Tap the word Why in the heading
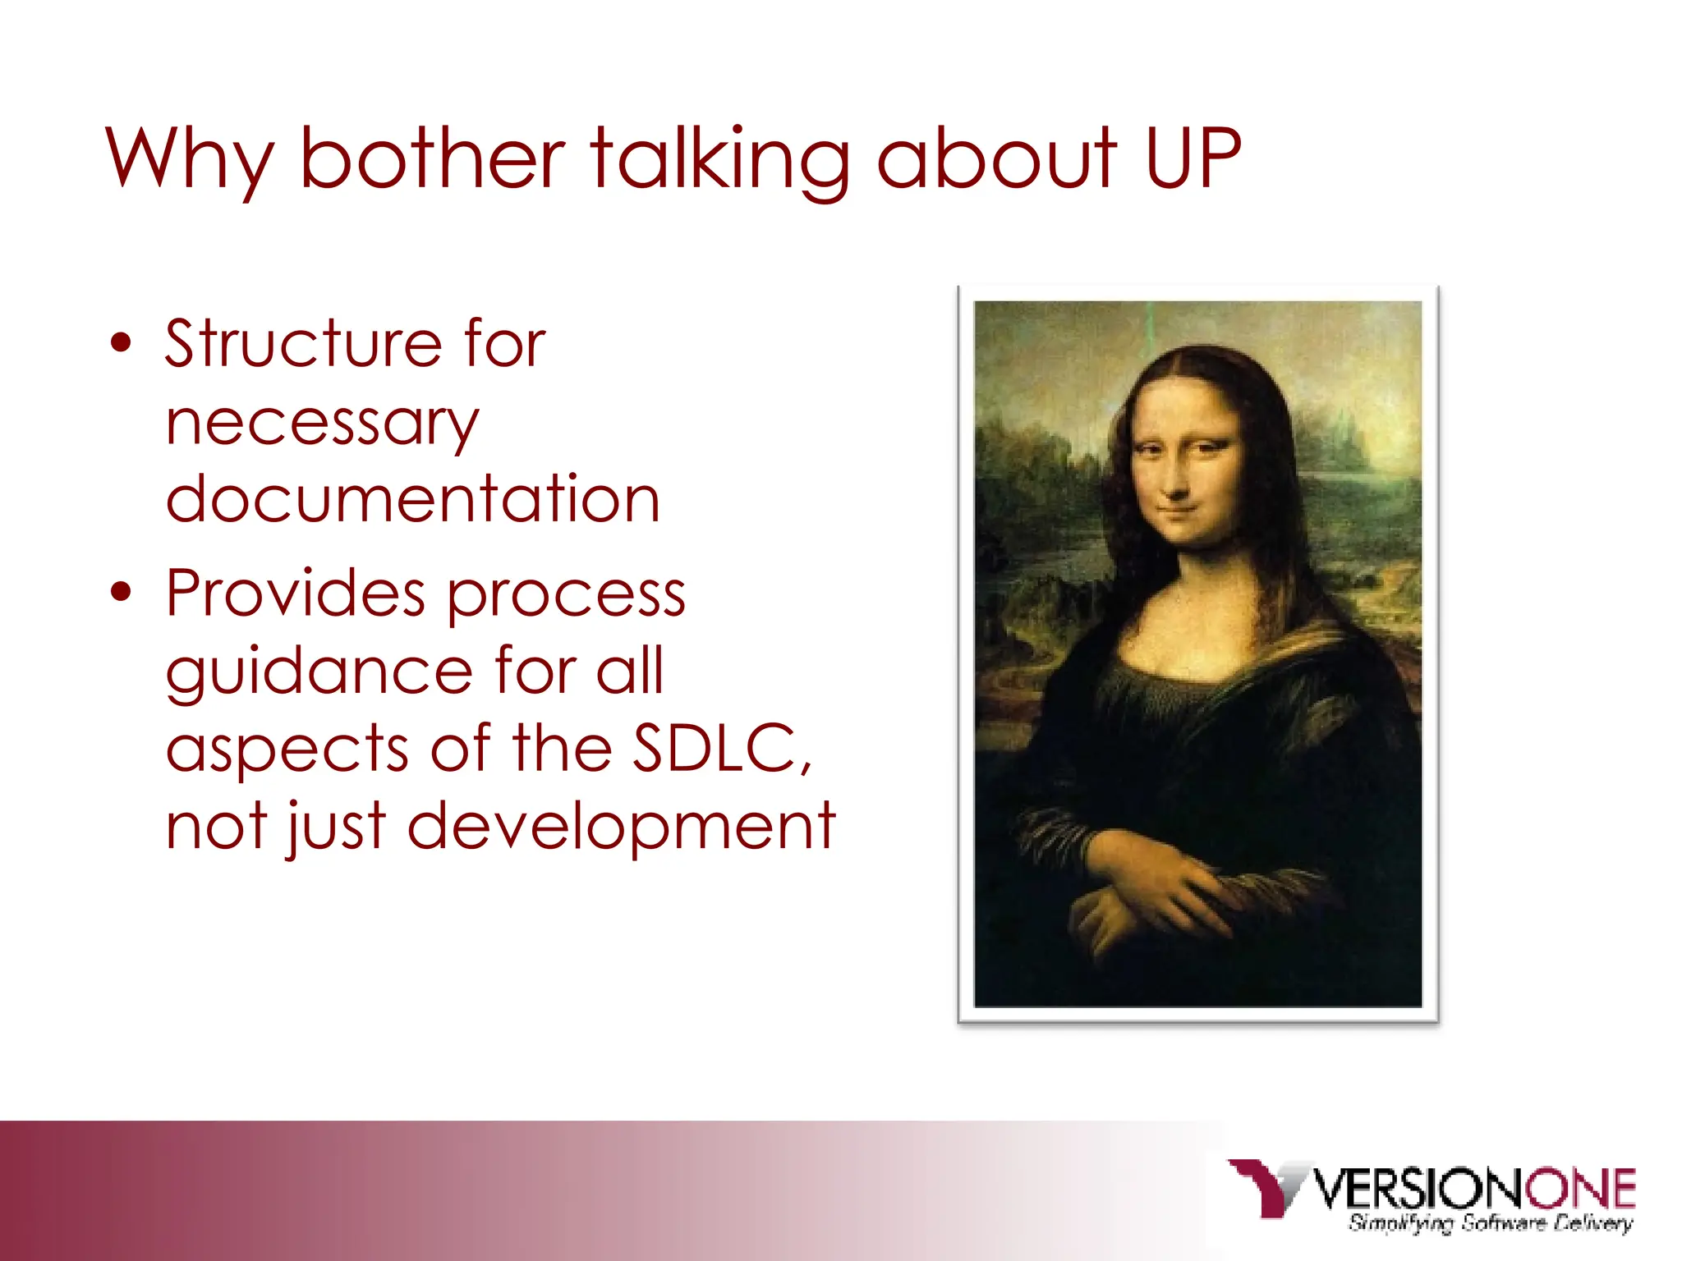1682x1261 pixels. coord(189,160)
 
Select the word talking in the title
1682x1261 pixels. coord(719,160)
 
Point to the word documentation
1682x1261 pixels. coord(412,498)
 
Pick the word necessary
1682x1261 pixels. coord(322,424)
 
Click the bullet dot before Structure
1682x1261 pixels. coord(121,343)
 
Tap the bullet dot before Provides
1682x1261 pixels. coord(121,593)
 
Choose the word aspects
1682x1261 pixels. coord(287,748)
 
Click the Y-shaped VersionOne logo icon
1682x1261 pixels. coord(1266,1185)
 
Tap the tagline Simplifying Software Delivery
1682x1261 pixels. coord(1490,1223)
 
